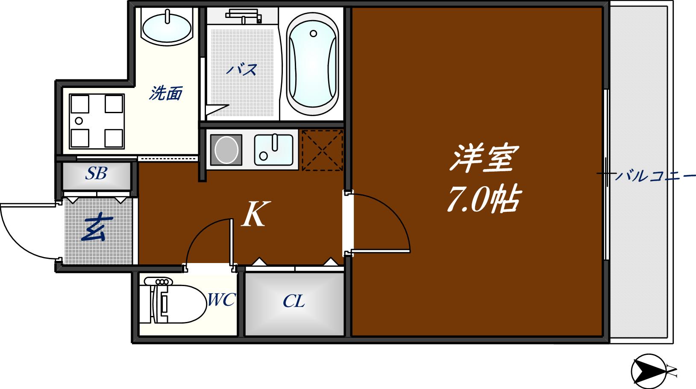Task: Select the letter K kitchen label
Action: point(255,214)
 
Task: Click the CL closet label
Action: point(294,302)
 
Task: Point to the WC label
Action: point(221,300)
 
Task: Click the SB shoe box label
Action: point(96,173)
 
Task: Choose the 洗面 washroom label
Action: point(166,93)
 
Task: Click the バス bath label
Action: point(242,70)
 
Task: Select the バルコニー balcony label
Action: point(654,175)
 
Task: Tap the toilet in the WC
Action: point(175,304)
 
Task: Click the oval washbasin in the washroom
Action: point(167,27)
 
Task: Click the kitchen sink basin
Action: point(274,149)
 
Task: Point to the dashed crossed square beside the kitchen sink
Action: point(322,150)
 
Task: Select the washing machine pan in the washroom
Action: point(97,121)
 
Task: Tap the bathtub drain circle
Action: point(314,33)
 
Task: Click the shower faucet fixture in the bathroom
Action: point(243,16)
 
